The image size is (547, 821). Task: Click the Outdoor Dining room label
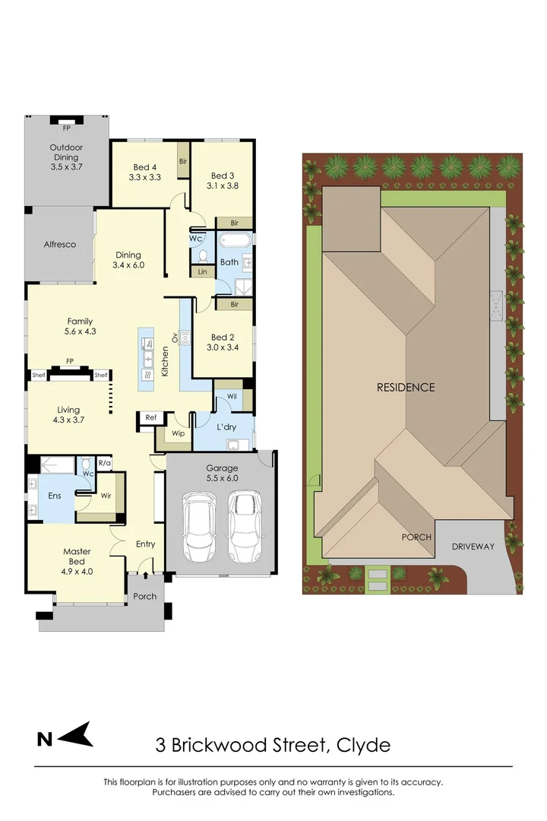66,147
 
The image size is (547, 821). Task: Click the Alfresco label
60,245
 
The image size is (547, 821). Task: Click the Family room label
80,322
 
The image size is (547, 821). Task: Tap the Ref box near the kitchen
150,417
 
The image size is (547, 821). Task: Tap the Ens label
54,494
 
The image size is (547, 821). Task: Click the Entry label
145,544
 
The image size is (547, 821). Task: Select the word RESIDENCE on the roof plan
406,387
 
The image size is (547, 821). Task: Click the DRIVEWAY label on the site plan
473,547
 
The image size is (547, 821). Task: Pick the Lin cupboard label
202,271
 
